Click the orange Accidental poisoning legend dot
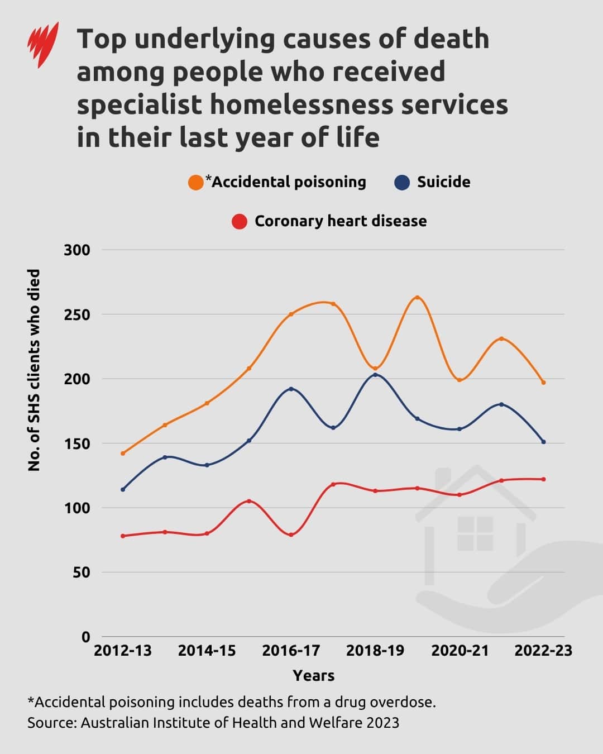pyautogui.click(x=196, y=182)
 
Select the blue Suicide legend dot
pyautogui.click(x=402, y=182)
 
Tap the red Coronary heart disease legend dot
pyautogui.click(x=240, y=221)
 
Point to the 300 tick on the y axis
pyautogui.click(x=77, y=250)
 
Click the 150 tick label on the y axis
pyautogui.click(x=77, y=443)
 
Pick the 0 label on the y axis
pyautogui.click(x=85, y=637)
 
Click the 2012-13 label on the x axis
pyautogui.click(x=123, y=651)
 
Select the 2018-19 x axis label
pyautogui.click(x=375, y=651)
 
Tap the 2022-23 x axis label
pyautogui.click(x=543, y=651)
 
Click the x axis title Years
pyautogui.click(x=313, y=675)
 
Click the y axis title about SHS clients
pyautogui.click(x=35, y=370)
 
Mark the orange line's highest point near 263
pyautogui.click(x=417, y=297)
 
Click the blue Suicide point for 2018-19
pyautogui.click(x=375, y=375)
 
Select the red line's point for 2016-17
pyautogui.click(x=291, y=535)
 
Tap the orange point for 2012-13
pyautogui.click(x=123, y=453)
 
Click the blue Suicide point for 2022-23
pyautogui.click(x=543, y=442)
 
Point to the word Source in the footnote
pyautogui.click(x=51, y=723)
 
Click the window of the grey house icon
pyautogui.click(x=475, y=533)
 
